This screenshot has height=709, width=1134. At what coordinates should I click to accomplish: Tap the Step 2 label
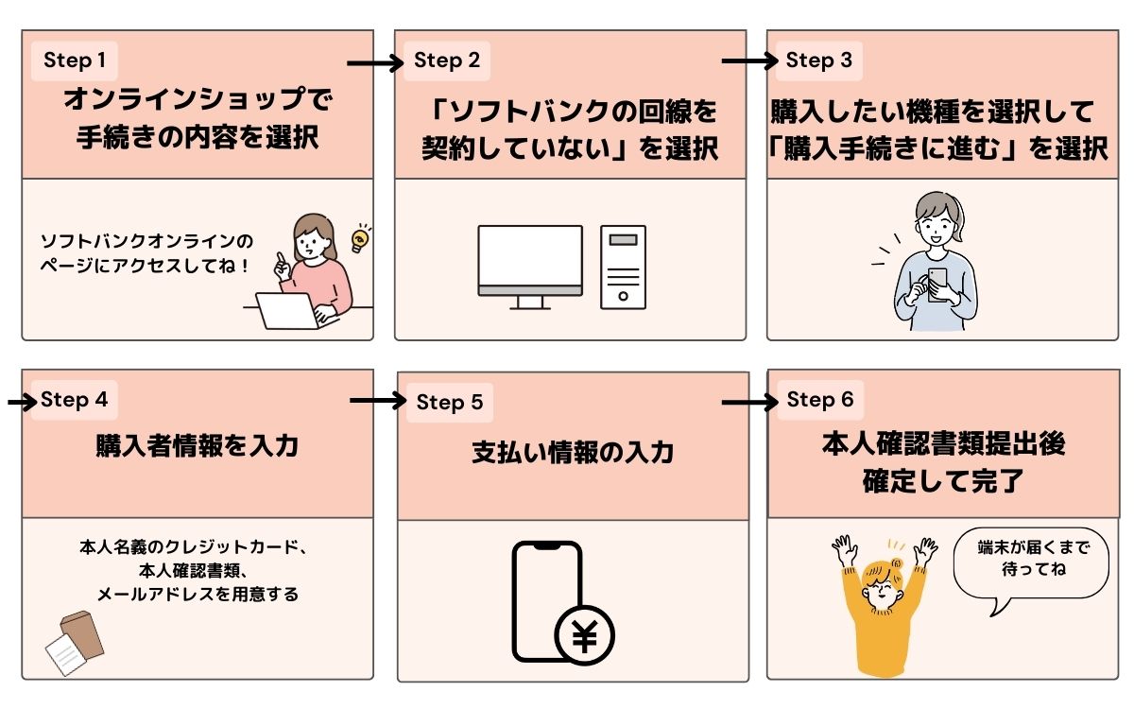pyautogui.click(x=447, y=61)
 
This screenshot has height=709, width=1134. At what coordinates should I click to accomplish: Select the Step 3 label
pyautogui.click(x=818, y=61)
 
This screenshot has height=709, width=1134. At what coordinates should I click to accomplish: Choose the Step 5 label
pyautogui.click(x=450, y=403)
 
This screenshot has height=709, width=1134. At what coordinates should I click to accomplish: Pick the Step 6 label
pyautogui.click(x=819, y=400)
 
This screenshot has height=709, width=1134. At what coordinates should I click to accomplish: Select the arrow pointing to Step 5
pyautogui.click(x=377, y=402)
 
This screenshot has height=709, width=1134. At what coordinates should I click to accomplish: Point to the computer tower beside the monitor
pyautogui.click(x=623, y=267)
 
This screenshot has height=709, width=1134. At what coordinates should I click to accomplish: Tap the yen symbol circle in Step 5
pyautogui.click(x=585, y=635)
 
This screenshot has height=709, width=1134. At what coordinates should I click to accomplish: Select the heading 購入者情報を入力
pyautogui.click(x=197, y=446)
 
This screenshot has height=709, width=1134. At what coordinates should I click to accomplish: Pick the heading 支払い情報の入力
pyautogui.click(x=573, y=453)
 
